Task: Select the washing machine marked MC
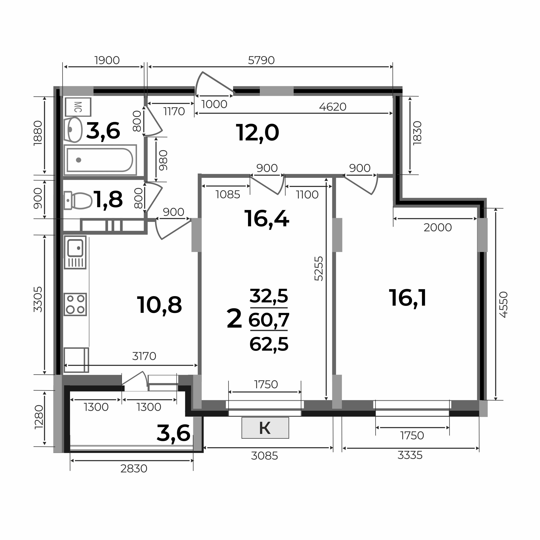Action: coord(78,107)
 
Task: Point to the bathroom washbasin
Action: coord(73,130)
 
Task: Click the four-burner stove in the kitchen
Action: coord(75,305)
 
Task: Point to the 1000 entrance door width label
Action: coord(215,105)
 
